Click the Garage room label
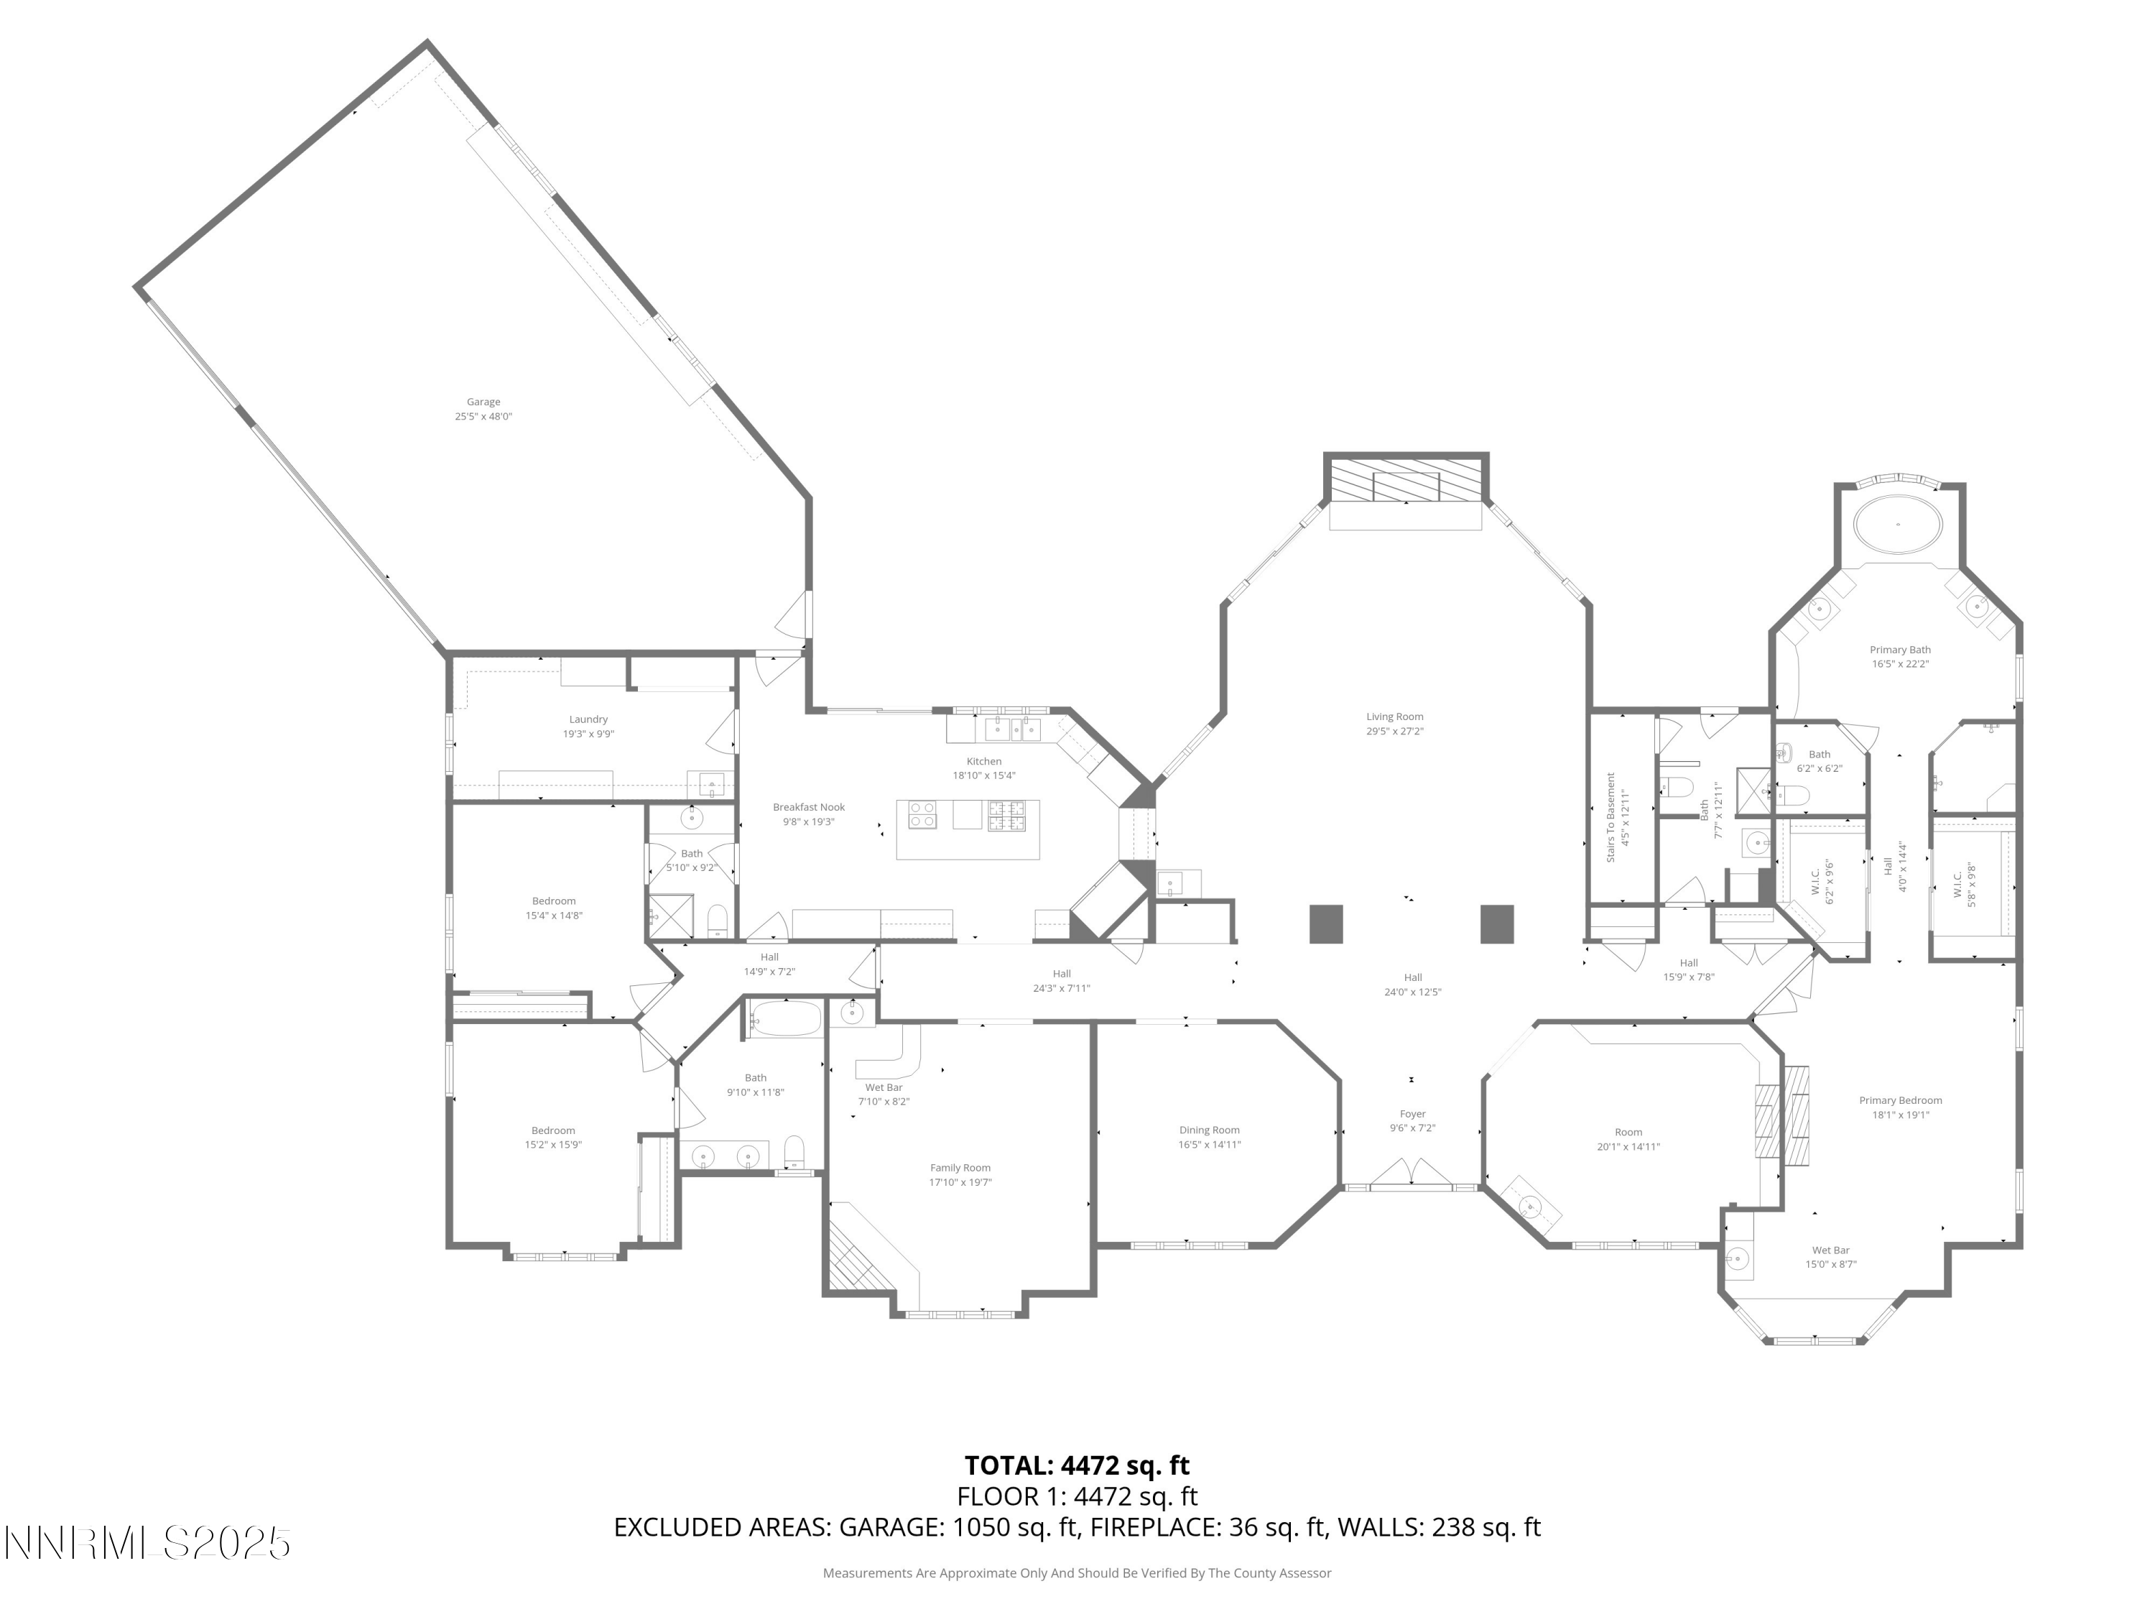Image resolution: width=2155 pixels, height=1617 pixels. (483, 402)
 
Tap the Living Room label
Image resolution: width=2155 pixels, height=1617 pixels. (1394, 717)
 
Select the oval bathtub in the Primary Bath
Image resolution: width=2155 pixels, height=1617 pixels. (1898, 525)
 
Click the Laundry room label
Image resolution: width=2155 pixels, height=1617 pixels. (588, 719)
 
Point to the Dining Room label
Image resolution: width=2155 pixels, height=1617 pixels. (1209, 1130)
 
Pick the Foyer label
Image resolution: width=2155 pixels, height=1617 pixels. (1413, 1114)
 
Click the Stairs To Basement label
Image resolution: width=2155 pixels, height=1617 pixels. (1611, 818)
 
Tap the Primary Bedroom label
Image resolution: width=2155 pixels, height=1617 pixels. (1900, 1100)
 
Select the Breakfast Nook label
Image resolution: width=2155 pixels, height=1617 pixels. (809, 807)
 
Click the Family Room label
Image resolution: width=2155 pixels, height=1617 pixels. (960, 1168)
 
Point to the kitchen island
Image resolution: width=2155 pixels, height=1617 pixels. (968, 829)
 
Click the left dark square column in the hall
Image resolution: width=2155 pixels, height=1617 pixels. (1326, 924)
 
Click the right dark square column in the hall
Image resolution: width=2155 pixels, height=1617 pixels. (1498, 924)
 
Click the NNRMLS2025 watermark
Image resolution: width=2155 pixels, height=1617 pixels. (148, 1542)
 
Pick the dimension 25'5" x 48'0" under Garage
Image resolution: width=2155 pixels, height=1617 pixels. (483, 416)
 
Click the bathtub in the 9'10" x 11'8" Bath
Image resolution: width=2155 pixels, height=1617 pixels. (785, 1018)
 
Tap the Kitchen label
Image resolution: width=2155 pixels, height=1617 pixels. (984, 761)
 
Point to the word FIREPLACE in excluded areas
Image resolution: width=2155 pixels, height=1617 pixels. (1154, 1527)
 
